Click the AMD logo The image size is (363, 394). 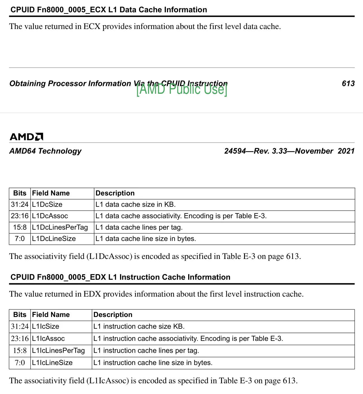pos(27,137)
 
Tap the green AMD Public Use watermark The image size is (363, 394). pos(182,90)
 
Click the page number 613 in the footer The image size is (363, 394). pos(348,83)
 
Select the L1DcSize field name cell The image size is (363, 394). pos(47,205)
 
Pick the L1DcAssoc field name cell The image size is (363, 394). pos(50,216)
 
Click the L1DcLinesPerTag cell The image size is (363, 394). pos(60,227)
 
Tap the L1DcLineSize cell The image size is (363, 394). pos(54,239)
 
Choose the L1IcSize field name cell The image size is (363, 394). pos(46,326)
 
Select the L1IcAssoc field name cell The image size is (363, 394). pos(48,338)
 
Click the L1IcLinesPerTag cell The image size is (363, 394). pos(58,350)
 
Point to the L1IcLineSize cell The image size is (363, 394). pos(52,363)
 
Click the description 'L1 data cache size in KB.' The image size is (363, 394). pos(135,205)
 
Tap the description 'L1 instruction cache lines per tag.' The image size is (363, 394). pos(146,350)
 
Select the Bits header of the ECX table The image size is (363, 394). pos(20,193)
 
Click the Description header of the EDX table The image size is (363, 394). pos(113,315)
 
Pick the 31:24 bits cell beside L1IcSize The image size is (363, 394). pos(20,326)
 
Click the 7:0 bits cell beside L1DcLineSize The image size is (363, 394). pos(20,239)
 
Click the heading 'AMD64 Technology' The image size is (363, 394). pos(46,151)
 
